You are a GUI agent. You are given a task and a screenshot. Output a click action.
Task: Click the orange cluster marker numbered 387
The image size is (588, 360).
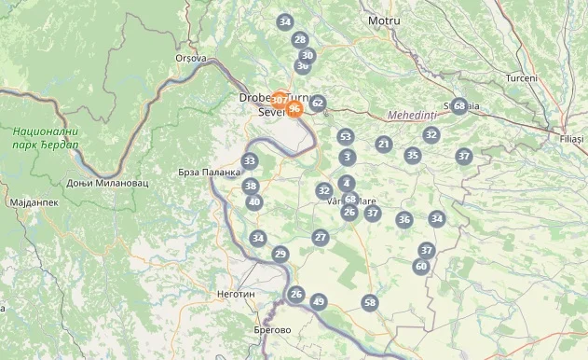pos(280,99)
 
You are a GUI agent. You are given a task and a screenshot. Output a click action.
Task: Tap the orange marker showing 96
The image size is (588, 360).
pos(294,109)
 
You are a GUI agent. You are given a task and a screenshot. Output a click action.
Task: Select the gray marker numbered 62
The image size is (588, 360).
pos(318,103)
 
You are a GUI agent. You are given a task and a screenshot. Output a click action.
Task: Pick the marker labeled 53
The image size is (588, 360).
pos(346,137)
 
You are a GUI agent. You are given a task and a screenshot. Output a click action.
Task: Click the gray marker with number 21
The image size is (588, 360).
pos(384,144)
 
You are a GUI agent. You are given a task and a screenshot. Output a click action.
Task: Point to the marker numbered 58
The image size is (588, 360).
pos(370,302)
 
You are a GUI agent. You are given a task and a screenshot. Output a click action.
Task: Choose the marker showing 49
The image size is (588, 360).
pos(319,301)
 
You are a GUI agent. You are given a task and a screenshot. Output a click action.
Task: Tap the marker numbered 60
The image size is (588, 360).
pos(421,266)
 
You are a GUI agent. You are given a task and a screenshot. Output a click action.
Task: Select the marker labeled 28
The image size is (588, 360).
pos(300,39)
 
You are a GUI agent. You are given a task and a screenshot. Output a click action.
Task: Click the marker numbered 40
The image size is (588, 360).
pos(253,201)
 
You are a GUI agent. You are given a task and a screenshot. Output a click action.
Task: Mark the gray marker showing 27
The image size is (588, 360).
pos(321,238)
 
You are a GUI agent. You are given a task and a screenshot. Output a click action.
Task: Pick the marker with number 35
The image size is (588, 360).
pos(413,155)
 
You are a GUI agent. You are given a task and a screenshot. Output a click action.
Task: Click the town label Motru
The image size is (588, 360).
pos(384,21)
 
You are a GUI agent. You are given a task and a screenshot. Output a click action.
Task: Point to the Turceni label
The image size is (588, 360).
pos(521,77)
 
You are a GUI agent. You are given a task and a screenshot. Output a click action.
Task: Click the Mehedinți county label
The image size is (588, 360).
pos(412,115)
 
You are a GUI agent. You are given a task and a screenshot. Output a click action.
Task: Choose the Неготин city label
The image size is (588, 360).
pos(236,293)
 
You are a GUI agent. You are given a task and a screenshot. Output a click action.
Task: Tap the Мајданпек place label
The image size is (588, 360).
pos(33,201)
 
